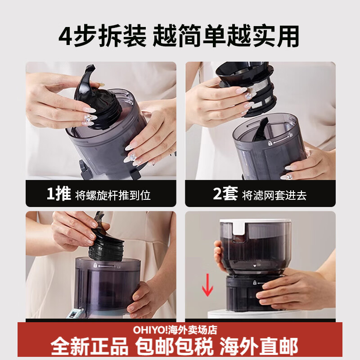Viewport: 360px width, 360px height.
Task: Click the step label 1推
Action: click(58, 194)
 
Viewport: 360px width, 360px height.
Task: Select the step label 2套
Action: click(225, 194)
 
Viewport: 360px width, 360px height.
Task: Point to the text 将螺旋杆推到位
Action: click(112, 195)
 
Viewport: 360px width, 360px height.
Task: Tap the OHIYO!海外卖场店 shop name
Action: click(175, 330)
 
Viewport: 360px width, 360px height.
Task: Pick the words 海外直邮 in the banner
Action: click(259, 347)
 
